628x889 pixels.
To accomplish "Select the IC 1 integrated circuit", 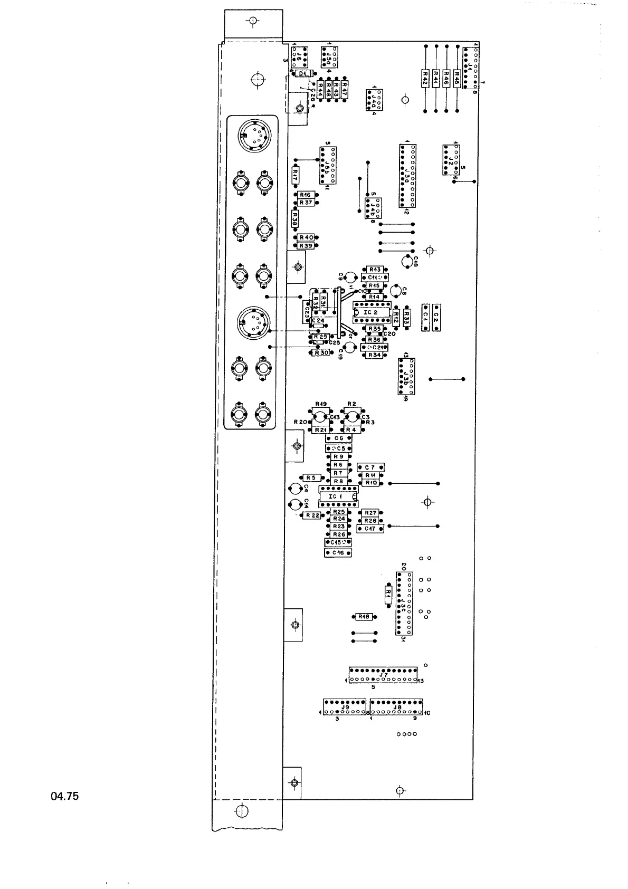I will [x=338, y=496].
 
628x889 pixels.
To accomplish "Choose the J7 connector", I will [x=384, y=675].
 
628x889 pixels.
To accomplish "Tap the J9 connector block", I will [x=345, y=707].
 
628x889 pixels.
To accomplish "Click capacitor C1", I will [x=425, y=317].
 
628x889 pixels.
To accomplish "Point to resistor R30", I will [x=321, y=352].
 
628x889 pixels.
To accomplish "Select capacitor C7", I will [x=370, y=467].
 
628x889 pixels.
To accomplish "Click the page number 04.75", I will [x=65, y=796].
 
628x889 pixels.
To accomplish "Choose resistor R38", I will [x=295, y=218].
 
